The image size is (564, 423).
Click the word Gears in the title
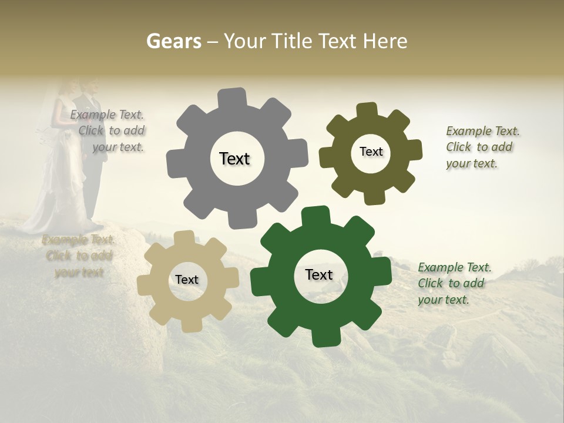(173, 41)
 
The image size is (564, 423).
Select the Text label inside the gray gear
(234, 159)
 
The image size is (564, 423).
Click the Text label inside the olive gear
(371, 152)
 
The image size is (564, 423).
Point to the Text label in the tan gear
(187, 280)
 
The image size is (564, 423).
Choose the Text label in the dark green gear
(319, 274)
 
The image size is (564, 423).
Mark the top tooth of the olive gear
(367, 110)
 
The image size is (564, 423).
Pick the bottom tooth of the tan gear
(191, 324)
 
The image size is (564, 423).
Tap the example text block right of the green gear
(454, 283)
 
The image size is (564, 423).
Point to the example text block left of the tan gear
(79, 256)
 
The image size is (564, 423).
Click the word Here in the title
(385, 41)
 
